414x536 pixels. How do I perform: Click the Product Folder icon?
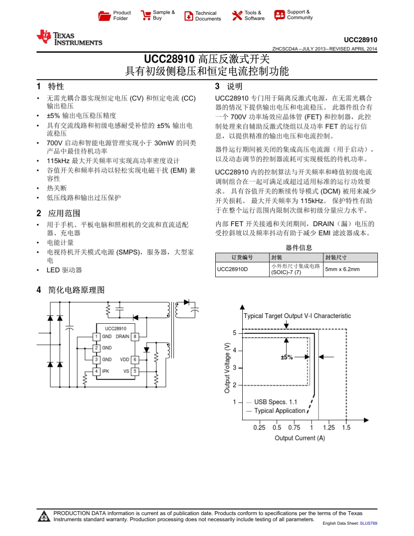[105, 16]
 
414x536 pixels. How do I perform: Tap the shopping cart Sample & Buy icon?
[146, 16]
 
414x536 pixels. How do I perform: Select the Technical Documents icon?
[189, 16]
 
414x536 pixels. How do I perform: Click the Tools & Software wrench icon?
[237, 16]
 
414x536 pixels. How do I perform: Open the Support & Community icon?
[279, 15]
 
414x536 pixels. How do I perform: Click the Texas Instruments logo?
[70, 38]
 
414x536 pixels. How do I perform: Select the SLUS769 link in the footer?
[368, 523]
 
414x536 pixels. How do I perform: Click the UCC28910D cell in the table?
[232, 269]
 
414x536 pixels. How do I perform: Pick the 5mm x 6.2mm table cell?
[343, 269]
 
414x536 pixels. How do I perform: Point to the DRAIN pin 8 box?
[135, 336]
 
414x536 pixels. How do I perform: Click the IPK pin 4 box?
[96, 371]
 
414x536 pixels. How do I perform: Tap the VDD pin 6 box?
[135, 360]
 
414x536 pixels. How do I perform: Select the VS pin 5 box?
[135, 371]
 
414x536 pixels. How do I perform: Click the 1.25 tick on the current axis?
[329, 427]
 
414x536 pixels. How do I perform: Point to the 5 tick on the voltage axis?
[234, 333]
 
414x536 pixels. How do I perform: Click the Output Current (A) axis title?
[300, 438]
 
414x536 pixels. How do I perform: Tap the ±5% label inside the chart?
[287, 357]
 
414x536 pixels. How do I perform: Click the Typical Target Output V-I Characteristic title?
[297, 316]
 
